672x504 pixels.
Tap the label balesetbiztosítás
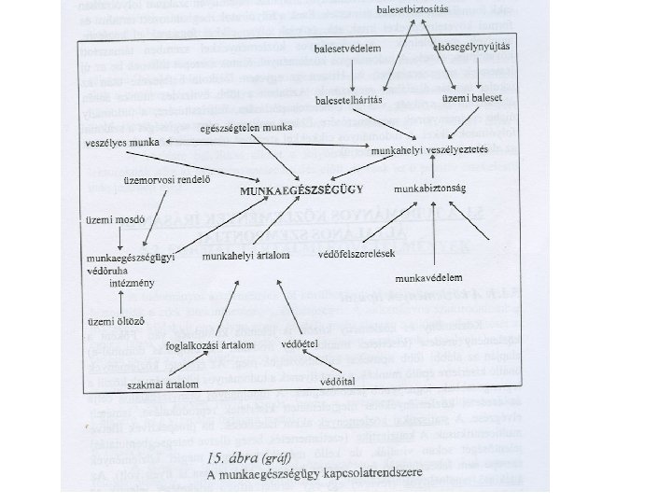click(411, 9)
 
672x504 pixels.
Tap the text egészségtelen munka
click(246, 126)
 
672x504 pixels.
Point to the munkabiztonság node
click(429, 188)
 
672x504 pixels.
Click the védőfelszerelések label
click(357, 253)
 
